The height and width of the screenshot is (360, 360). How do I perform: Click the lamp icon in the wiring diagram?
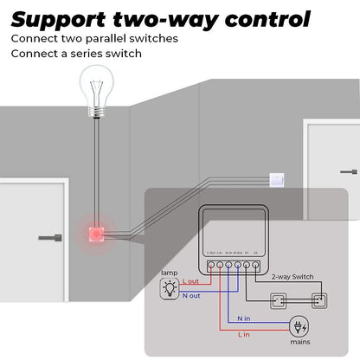click(x=170, y=290)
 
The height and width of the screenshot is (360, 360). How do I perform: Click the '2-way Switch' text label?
click(x=292, y=277)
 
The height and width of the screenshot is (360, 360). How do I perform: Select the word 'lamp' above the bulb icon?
click(x=170, y=273)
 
